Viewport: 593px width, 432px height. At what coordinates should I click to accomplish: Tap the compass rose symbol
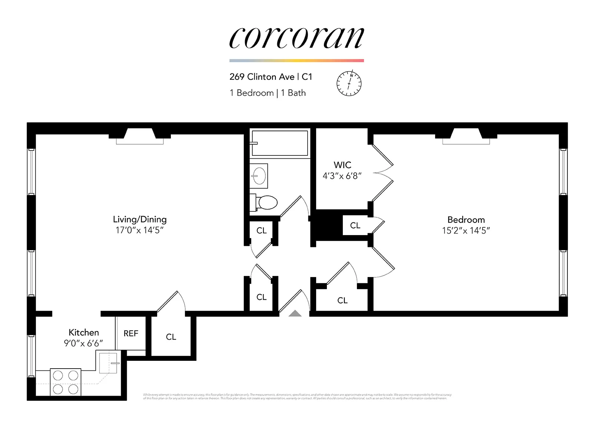pyautogui.click(x=349, y=83)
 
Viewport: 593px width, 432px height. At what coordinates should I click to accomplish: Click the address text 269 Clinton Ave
pyautogui.click(x=262, y=77)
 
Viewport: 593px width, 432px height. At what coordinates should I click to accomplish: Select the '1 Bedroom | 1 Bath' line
pyautogui.click(x=268, y=93)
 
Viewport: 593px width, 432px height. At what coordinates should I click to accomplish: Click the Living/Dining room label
pyautogui.click(x=140, y=219)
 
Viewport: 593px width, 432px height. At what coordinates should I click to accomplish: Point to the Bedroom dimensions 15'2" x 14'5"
pyautogui.click(x=466, y=231)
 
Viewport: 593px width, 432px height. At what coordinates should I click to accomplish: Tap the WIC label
pyautogui.click(x=342, y=165)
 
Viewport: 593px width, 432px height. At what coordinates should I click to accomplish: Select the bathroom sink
pyautogui.click(x=259, y=176)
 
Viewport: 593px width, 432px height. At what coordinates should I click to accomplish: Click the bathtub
pyautogui.click(x=280, y=143)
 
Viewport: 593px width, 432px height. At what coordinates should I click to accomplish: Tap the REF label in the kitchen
pyautogui.click(x=131, y=333)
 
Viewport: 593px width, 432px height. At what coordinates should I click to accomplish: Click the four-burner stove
pyautogui.click(x=66, y=382)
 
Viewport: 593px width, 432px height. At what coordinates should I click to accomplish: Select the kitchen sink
pyautogui.click(x=109, y=363)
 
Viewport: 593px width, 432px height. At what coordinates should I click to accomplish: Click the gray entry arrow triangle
pyautogui.click(x=295, y=314)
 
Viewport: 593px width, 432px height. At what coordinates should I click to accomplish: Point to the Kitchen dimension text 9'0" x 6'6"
pyautogui.click(x=83, y=343)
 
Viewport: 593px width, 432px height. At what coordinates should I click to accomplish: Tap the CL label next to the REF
pyautogui.click(x=171, y=337)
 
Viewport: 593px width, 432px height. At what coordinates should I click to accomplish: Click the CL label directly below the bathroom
pyautogui.click(x=261, y=231)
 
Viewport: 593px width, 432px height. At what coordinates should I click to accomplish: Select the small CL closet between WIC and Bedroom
pyautogui.click(x=355, y=225)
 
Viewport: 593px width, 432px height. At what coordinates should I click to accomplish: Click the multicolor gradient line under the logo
pyautogui.click(x=296, y=60)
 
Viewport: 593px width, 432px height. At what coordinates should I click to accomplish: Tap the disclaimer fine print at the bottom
pyautogui.click(x=296, y=396)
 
